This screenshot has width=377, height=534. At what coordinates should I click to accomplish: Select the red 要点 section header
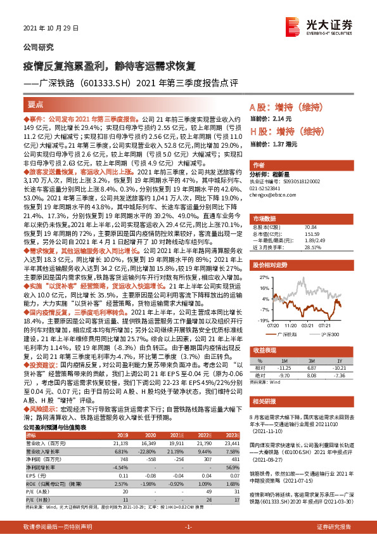coord(36,105)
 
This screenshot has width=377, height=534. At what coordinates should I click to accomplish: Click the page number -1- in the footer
coord(188,527)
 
